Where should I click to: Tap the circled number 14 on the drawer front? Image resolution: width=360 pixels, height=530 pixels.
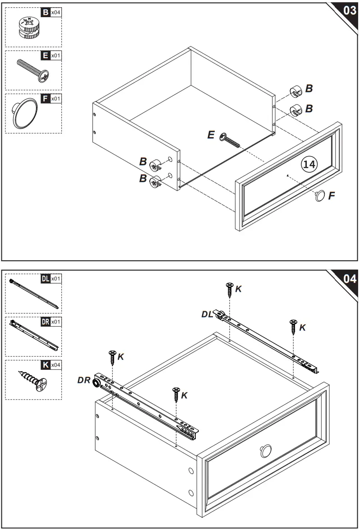click(x=309, y=165)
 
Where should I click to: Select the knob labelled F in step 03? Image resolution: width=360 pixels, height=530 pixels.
click(x=320, y=196)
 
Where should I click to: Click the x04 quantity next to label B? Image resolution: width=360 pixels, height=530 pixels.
click(x=55, y=12)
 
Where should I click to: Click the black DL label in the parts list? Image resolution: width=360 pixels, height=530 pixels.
click(x=45, y=279)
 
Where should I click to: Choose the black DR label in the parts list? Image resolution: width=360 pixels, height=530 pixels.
click(x=45, y=322)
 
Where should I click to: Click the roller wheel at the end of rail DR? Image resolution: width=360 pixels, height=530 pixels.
click(x=97, y=383)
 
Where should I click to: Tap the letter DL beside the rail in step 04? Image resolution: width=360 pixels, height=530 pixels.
click(x=207, y=314)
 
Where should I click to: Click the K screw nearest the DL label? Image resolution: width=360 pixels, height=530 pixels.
click(x=230, y=289)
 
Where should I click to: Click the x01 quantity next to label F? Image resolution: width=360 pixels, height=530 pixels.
click(x=55, y=98)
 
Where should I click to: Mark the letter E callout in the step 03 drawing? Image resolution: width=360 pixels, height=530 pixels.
click(x=211, y=134)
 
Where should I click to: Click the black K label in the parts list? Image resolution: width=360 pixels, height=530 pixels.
click(x=45, y=364)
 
